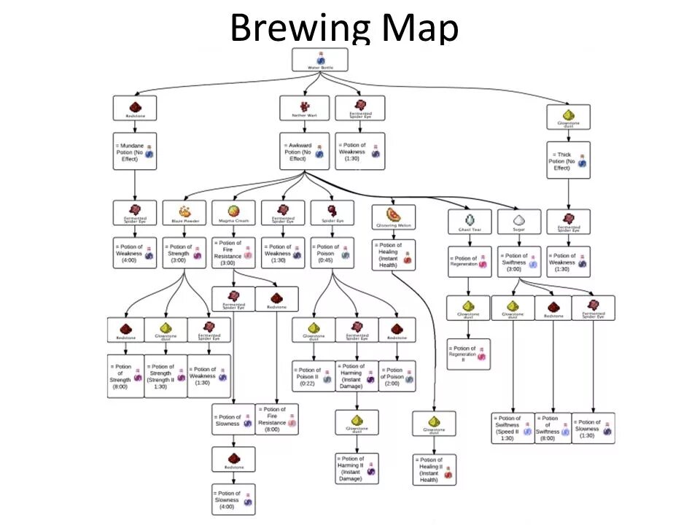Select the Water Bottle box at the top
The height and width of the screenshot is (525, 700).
pos(319,60)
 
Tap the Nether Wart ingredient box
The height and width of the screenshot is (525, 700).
pos(304,108)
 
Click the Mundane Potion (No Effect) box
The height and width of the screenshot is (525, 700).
pos(135,151)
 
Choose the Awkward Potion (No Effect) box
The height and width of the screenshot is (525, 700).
pos(304,151)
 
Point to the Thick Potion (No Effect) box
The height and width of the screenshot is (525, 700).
pos(569,160)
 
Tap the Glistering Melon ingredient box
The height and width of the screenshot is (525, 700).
pos(394,217)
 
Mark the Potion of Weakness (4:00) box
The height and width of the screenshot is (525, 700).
pos(135,253)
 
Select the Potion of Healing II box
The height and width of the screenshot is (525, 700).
pos(435,470)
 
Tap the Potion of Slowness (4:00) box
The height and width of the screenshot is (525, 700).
pos(233,499)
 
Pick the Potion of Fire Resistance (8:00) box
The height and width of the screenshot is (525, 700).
pos(277,419)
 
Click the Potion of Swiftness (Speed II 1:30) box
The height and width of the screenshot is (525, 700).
pos(513,428)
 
